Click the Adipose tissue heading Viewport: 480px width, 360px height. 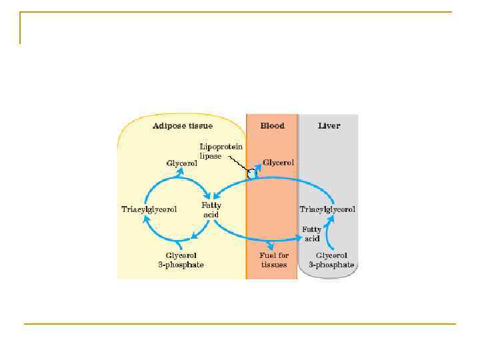(183, 125)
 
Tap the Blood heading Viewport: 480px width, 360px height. (272, 125)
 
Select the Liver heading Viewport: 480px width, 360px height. (328, 125)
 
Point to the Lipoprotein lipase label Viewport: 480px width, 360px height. (221, 151)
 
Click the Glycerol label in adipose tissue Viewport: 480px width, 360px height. (181, 163)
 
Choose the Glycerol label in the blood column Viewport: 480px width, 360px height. (279, 162)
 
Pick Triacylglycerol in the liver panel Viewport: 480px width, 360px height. (327, 209)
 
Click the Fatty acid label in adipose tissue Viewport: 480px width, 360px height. (211, 209)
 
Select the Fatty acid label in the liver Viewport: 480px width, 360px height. (312, 233)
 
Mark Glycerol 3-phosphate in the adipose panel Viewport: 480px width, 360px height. (181, 260)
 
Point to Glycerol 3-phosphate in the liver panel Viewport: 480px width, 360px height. (331, 260)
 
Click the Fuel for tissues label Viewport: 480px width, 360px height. (274, 260)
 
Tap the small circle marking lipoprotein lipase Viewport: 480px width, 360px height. (252, 174)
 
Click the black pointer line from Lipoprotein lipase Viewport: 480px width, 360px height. (238, 163)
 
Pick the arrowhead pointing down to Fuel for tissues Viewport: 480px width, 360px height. (269, 246)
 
